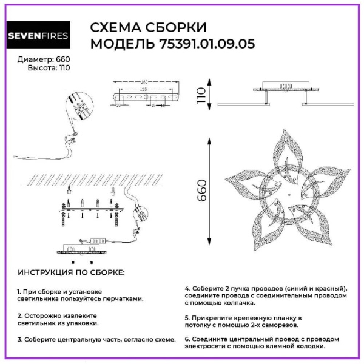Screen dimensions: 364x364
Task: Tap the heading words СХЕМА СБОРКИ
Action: [148, 27]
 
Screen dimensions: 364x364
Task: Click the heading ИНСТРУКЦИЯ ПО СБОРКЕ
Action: [71, 272]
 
